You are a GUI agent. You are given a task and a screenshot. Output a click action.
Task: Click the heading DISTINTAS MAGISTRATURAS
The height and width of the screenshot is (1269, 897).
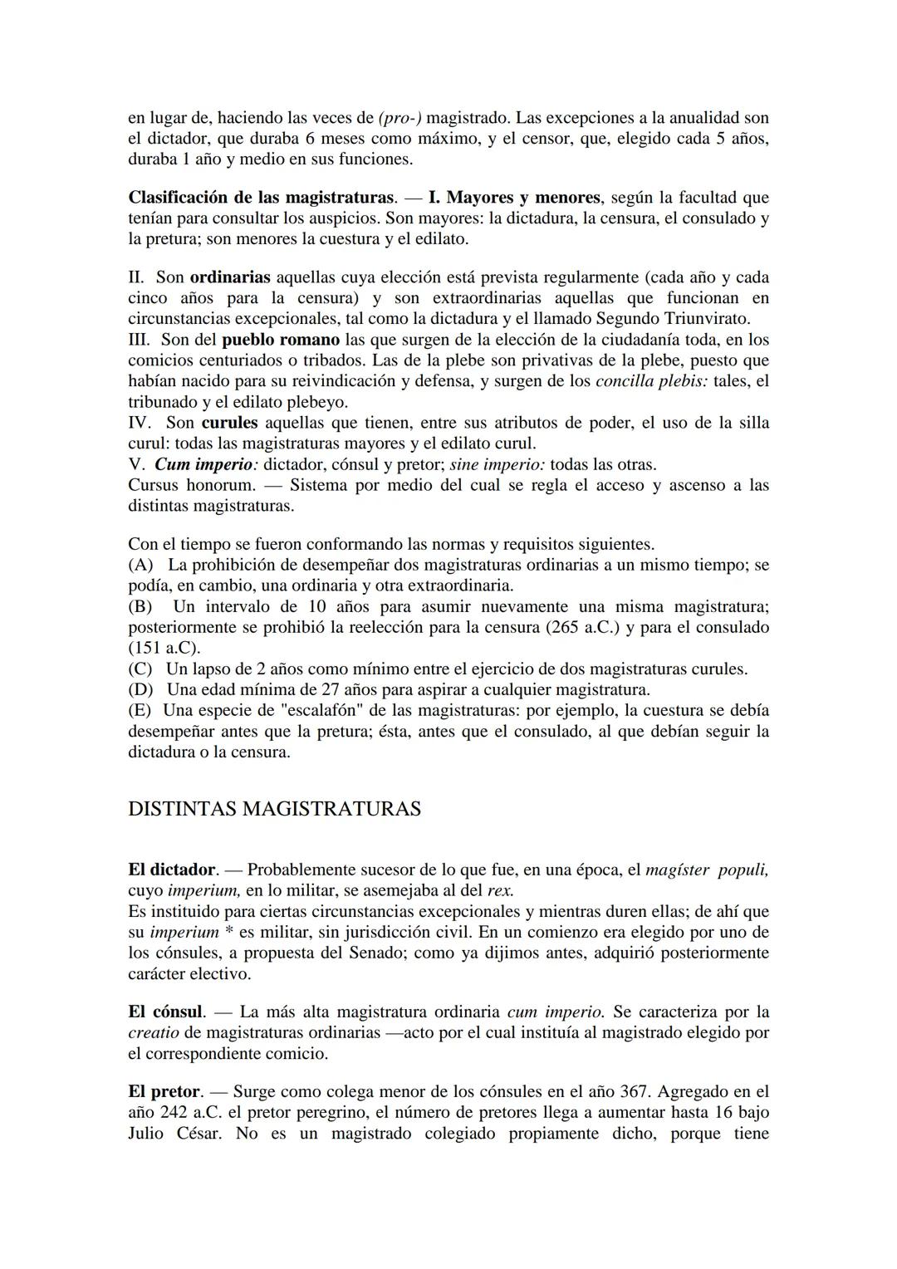point(274,809)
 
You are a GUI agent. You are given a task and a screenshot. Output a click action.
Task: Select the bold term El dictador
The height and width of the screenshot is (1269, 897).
point(171,870)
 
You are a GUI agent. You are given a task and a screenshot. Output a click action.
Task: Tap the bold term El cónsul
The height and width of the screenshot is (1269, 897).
point(165,1012)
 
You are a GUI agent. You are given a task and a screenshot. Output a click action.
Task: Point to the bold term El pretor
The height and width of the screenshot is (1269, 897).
point(164,1091)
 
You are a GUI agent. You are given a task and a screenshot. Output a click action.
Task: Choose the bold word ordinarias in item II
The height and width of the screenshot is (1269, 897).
point(230,277)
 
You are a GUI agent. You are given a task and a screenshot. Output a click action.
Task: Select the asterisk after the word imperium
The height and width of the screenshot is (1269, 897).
point(228,932)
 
